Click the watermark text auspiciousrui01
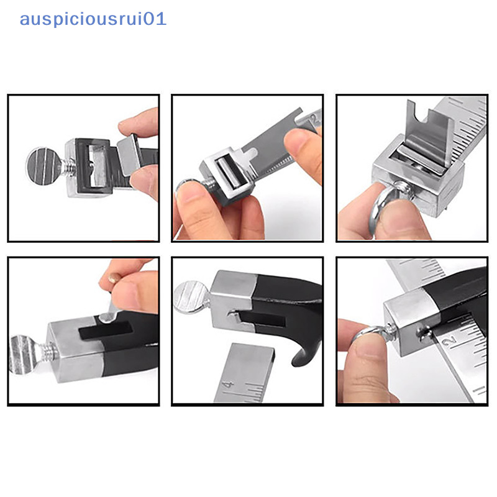click(x=93, y=19)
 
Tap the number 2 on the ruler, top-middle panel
click(x=314, y=119)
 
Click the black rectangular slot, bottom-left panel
click(x=106, y=331)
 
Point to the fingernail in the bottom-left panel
click(x=114, y=278)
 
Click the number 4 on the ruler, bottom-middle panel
click(x=228, y=385)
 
